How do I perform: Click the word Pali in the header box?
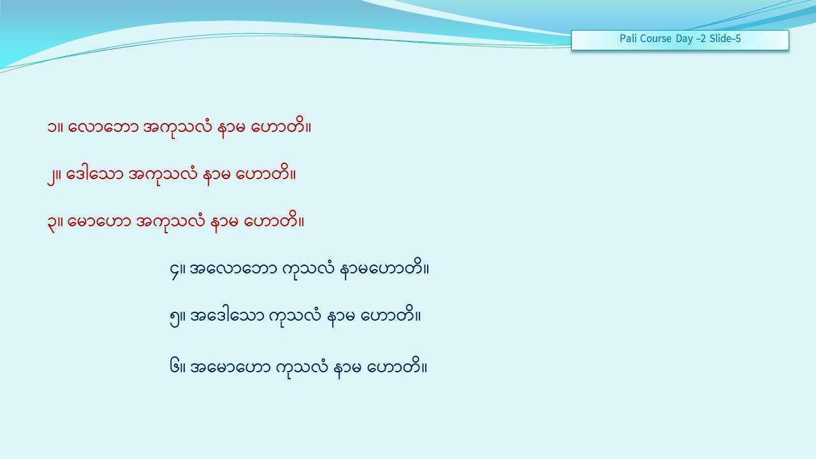click(x=627, y=38)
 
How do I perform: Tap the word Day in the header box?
click(x=685, y=39)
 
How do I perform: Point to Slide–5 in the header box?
click(x=725, y=38)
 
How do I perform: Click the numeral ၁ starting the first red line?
click(x=52, y=127)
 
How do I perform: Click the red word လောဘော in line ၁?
click(x=103, y=127)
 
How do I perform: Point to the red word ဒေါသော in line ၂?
click(x=95, y=175)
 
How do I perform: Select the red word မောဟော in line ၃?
click(x=99, y=221)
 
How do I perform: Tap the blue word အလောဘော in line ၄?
click(x=233, y=269)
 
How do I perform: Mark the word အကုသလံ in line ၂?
click(x=163, y=175)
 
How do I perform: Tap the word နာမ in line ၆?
click(x=347, y=368)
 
